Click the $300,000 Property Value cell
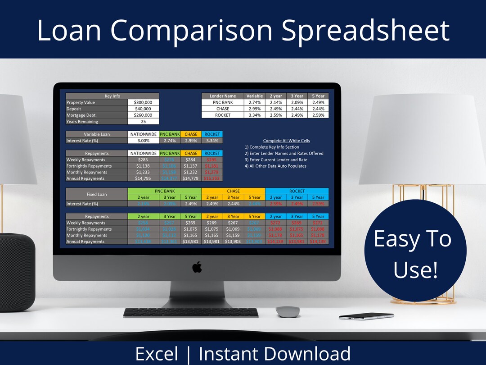143,102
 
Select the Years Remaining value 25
143,121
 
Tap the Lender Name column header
222,96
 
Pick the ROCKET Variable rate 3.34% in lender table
255,115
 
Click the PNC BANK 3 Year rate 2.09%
297,102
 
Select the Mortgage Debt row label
96,115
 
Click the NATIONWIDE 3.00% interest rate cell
143,141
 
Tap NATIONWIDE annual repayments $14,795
143,178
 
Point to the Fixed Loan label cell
96,194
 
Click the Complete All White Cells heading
286,141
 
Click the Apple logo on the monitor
197,267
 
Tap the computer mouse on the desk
287,311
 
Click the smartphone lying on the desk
360,316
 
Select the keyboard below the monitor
190,312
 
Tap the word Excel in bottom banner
157,354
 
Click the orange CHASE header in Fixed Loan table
233,191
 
